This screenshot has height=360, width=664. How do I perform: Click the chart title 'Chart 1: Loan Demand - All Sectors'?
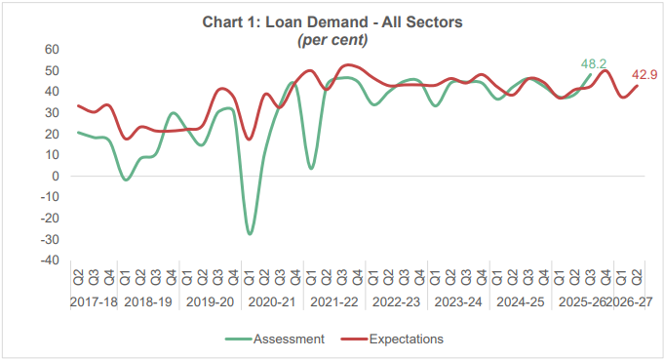(x=332, y=21)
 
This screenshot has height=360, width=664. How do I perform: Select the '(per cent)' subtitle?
(x=332, y=40)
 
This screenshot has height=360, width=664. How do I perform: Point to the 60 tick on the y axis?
(x=53, y=50)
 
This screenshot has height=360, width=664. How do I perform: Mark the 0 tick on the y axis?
(x=57, y=177)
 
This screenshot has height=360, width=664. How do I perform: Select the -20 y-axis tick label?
(x=51, y=219)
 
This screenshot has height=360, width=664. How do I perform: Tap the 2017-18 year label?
(x=95, y=302)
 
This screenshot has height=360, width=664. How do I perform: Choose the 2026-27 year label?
(x=631, y=302)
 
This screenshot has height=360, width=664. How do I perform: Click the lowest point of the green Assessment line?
(x=250, y=234)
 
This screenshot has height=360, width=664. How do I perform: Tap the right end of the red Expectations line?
(x=638, y=86)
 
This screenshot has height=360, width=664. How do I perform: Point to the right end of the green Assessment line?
(x=591, y=75)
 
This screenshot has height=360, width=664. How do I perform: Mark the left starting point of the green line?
(x=78, y=132)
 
